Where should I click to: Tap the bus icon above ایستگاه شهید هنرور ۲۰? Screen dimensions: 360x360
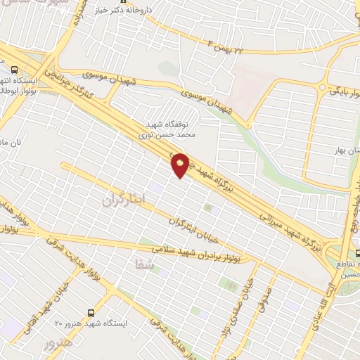[90, 312]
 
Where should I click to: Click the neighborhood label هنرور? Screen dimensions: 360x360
[58, 345]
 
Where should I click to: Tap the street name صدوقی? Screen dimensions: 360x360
[262, 292]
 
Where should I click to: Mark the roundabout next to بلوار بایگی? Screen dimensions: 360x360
[322, 88]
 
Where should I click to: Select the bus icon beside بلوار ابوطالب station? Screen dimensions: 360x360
[14, 69]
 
